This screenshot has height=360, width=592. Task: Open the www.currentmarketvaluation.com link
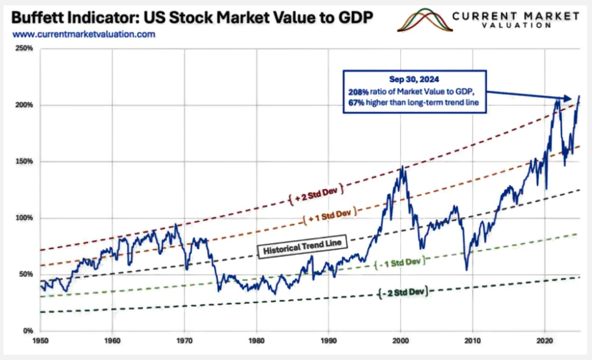84,34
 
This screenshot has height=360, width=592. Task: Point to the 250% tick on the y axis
25,49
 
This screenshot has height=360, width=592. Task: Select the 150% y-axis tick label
25,161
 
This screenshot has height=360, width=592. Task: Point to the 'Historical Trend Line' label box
302,246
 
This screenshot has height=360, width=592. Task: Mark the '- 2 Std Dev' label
402,293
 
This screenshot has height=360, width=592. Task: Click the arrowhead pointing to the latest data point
567,98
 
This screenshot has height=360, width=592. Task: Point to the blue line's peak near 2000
402,167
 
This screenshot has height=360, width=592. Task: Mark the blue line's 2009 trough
466,270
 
